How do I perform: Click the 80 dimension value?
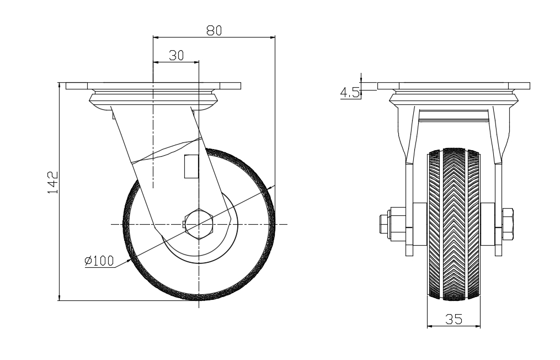tap(214, 31)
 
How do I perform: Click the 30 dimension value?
tap(176, 55)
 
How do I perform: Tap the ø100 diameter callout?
tap(99, 261)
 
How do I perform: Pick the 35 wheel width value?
tap(454, 319)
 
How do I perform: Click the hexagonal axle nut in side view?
tap(199, 224)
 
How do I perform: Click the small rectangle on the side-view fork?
tap(190, 167)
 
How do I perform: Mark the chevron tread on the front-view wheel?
tap(454, 221)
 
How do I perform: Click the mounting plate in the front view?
tap(454, 86)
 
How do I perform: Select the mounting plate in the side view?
tap(153, 86)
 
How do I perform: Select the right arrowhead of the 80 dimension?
tap(272, 38)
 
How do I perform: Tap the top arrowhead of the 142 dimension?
tap(59, 85)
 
